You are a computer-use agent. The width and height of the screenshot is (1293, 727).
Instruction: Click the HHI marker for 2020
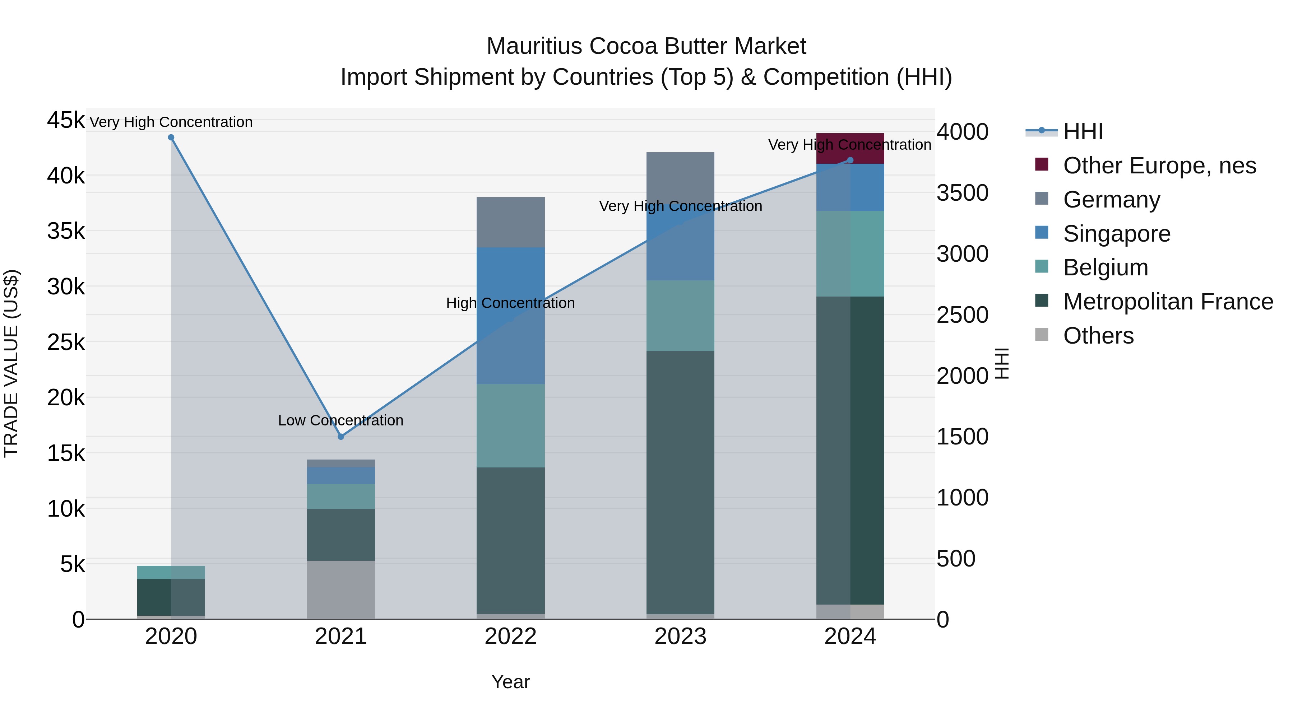pyautogui.click(x=171, y=138)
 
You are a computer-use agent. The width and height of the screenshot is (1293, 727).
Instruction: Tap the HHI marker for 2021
pyautogui.click(x=341, y=437)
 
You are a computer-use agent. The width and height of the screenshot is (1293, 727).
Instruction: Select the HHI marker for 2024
pyautogui.click(x=850, y=160)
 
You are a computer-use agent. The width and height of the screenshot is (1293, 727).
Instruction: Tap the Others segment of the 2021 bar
pyautogui.click(x=341, y=589)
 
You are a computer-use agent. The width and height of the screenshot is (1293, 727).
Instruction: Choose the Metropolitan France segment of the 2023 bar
pyautogui.click(x=680, y=482)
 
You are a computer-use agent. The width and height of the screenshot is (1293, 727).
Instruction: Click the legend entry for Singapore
pyautogui.click(x=1116, y=234)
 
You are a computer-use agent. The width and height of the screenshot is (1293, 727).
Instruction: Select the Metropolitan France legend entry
pyautogui.click(x=1168, y=302)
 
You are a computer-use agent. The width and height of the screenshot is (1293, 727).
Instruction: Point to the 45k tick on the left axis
pyautogui.click(x=66, y=120)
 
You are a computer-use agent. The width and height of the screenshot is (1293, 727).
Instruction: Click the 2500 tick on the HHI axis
pyautogui.click(x=962, y=315)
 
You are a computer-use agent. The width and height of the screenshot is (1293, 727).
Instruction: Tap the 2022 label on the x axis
pyautogui.click(x=510, y=637)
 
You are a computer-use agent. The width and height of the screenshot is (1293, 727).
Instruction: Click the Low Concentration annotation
pyautogui.click(x=341, y=420)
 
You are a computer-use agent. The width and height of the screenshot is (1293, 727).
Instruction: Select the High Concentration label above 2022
pyautogui.click(x=510, y=303)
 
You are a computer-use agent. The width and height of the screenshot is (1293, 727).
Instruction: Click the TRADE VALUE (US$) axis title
pyautogui.click(x=11, y=363)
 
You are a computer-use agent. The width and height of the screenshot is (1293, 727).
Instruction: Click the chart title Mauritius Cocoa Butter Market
pyautogui.click(x=646, y=46)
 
